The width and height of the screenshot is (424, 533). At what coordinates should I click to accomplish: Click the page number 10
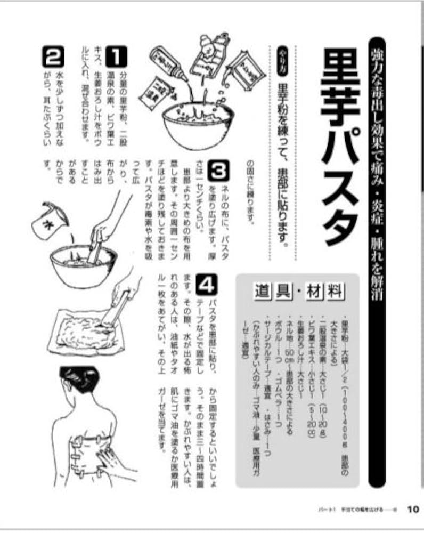[413, 508]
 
